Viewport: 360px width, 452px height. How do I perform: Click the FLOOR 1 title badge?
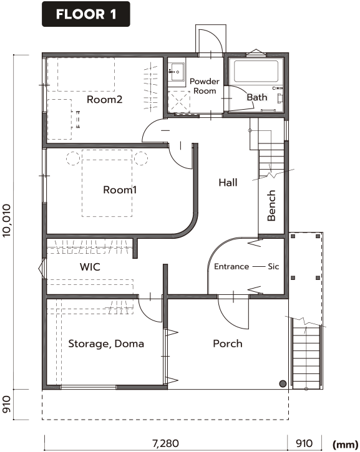86,14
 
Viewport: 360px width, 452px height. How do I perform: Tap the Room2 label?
104,100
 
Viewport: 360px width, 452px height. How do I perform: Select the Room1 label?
120,190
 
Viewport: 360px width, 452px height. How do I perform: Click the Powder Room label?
205,86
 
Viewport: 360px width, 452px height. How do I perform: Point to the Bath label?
256,97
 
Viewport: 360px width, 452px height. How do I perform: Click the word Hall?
228,183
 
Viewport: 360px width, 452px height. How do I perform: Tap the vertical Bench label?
271,206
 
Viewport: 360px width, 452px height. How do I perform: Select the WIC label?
90,267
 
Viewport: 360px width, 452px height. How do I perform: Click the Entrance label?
231,266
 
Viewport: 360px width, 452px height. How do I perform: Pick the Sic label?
273,266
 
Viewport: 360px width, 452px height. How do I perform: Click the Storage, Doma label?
106,344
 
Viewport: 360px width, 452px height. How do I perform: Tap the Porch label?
228,344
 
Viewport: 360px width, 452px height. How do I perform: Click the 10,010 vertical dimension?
6,221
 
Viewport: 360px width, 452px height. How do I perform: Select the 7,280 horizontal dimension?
165,443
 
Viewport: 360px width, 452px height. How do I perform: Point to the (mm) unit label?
345,445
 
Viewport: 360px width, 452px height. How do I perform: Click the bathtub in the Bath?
256,71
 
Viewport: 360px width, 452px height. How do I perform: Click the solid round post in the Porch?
283,383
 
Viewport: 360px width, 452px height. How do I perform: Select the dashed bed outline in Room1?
107,183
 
